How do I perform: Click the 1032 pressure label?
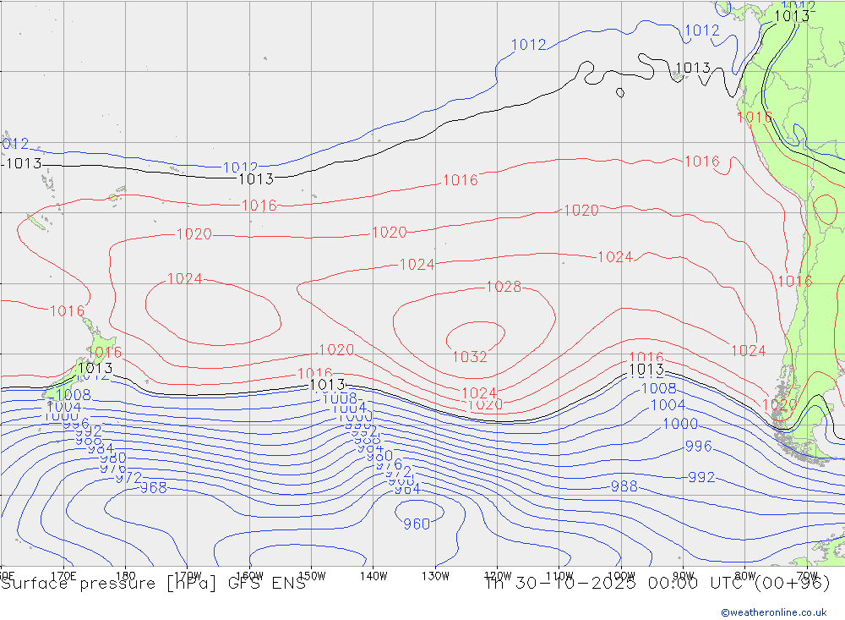tap(470, 357)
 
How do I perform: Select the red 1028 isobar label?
tap(504, 288)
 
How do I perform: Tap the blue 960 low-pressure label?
tap(417, 524)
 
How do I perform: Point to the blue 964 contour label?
tap(406, 489)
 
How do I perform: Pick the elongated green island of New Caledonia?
tap(35, 224)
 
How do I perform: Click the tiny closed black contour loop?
tap(620, 92)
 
